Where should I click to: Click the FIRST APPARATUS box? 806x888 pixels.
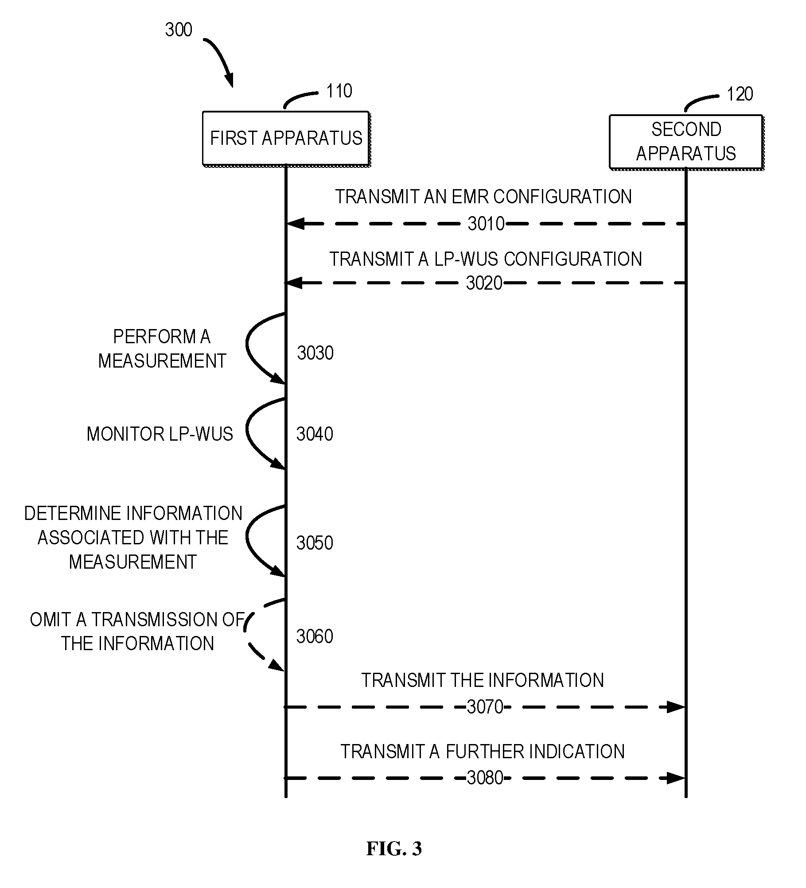286,139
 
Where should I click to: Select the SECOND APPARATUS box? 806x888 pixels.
686,142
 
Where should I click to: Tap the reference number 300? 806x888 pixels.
179,30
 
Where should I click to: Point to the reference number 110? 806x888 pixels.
339,91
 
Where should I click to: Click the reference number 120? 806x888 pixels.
740,94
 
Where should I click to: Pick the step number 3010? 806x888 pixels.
486,224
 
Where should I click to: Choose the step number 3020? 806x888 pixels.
484,283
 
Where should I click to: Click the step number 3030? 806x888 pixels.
315,353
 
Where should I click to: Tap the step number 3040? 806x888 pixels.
315,434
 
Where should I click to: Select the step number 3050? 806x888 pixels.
315,543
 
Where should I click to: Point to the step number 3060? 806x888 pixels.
315,636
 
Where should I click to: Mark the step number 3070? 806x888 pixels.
485,707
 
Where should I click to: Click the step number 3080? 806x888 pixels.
485,778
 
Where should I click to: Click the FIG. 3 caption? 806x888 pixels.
394,849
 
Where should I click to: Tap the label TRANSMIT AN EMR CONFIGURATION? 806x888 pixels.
483,197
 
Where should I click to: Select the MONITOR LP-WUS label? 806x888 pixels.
160,434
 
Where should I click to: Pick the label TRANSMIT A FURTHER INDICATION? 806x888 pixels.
483,752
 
